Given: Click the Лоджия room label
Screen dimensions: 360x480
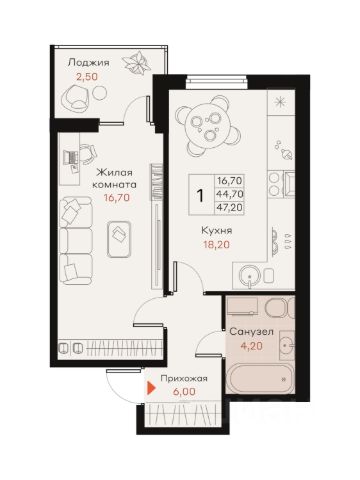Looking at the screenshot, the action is pyautogui.click(x=89, y=63).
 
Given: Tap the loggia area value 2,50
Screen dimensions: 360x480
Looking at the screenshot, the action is pyautogui.click(x=87, y=77).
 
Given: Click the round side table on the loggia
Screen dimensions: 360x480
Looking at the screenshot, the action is pyautogui.click(x=99, y=92).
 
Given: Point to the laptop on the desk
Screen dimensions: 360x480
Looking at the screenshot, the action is pyautogui.click(x=71, y=156).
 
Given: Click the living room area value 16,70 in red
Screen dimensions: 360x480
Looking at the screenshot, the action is pyautogui.click(x=117, y=198).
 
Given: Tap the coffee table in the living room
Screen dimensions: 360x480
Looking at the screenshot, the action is pyautogui.click(x=119, y=239).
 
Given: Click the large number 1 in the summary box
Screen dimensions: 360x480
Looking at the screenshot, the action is pyautogui.click(x=200, y=195).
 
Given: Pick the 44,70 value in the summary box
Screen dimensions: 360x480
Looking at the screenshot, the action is pyautogui.click(x=230, y=194).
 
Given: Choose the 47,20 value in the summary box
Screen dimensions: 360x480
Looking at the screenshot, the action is pyautogui.click(x=230, y=207).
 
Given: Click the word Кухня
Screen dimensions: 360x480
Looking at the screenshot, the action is pyautogui.click(x=217, y=230).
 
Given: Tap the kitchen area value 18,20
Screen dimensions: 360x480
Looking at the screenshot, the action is pyautogui.click(x=217, y=245).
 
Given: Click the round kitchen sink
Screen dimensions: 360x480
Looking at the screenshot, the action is pyautogui.click(x=250, y=276).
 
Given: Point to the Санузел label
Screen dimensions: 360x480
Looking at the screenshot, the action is pyautogui.click(x=252, y=332).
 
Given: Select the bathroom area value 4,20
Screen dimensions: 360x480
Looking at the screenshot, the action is pyautogui.click(x=252, y=346).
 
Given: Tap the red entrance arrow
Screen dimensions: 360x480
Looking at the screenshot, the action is pyautogui.click(x=152, y=388).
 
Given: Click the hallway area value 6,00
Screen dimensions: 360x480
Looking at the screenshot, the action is pyautogui.click(x=184, y=392).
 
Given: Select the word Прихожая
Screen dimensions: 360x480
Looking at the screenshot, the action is pyautogui.click(x=184, y=379).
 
